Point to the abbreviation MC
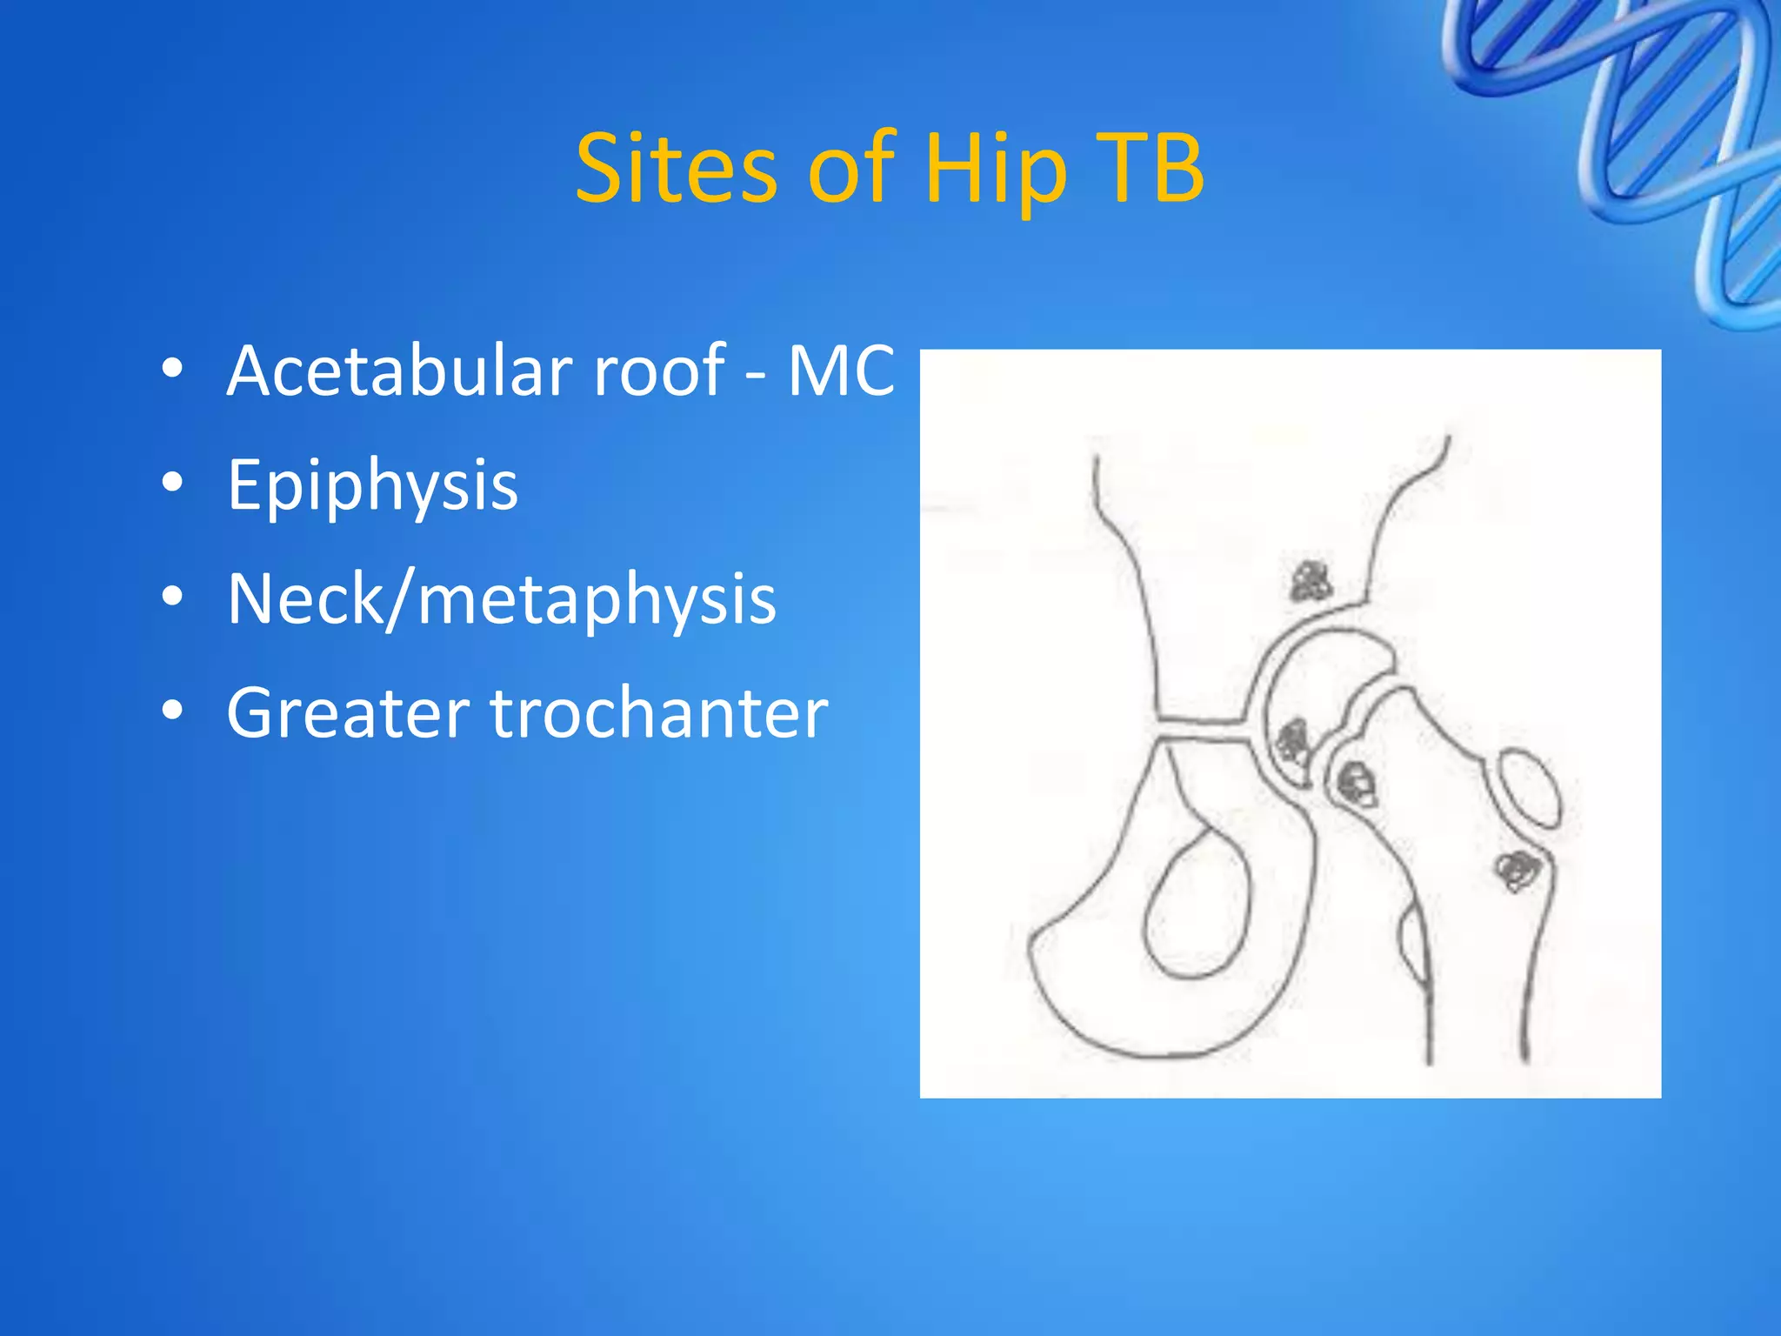(x=840, y=371)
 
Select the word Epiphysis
(x=372, y=484)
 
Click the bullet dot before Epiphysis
(x=172, y=483)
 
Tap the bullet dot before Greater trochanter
(x=172, y=711)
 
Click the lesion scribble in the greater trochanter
(x=1518, y=868)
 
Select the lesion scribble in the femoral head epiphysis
(x=1292, y=742)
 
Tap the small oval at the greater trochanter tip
(x=1528, y=788)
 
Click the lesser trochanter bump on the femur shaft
(x=1413, y=944)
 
